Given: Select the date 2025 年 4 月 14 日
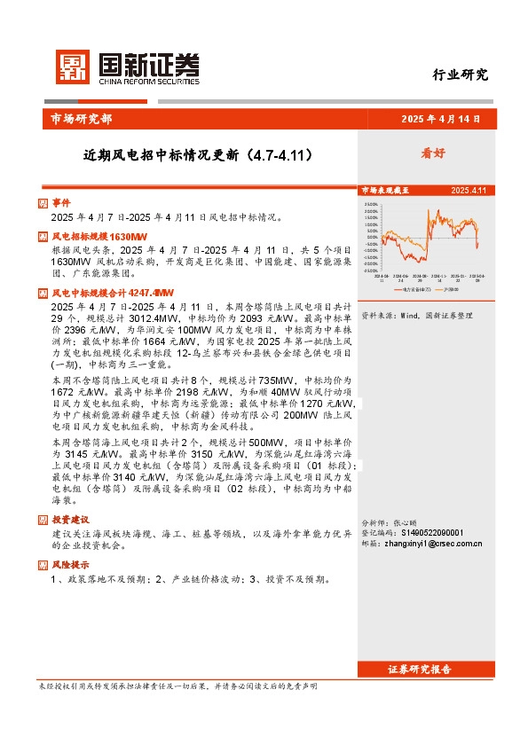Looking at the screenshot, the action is (x=440, y=118).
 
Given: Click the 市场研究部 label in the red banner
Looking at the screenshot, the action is (x=75, y=118).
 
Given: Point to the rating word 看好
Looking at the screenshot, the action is (x=432, y=153).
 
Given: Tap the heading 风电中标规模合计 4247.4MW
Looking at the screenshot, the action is (x=112, y=292).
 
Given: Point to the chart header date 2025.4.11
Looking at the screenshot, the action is (x=469, y=191).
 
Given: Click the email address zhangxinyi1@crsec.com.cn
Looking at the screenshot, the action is (x=434, y=545).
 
